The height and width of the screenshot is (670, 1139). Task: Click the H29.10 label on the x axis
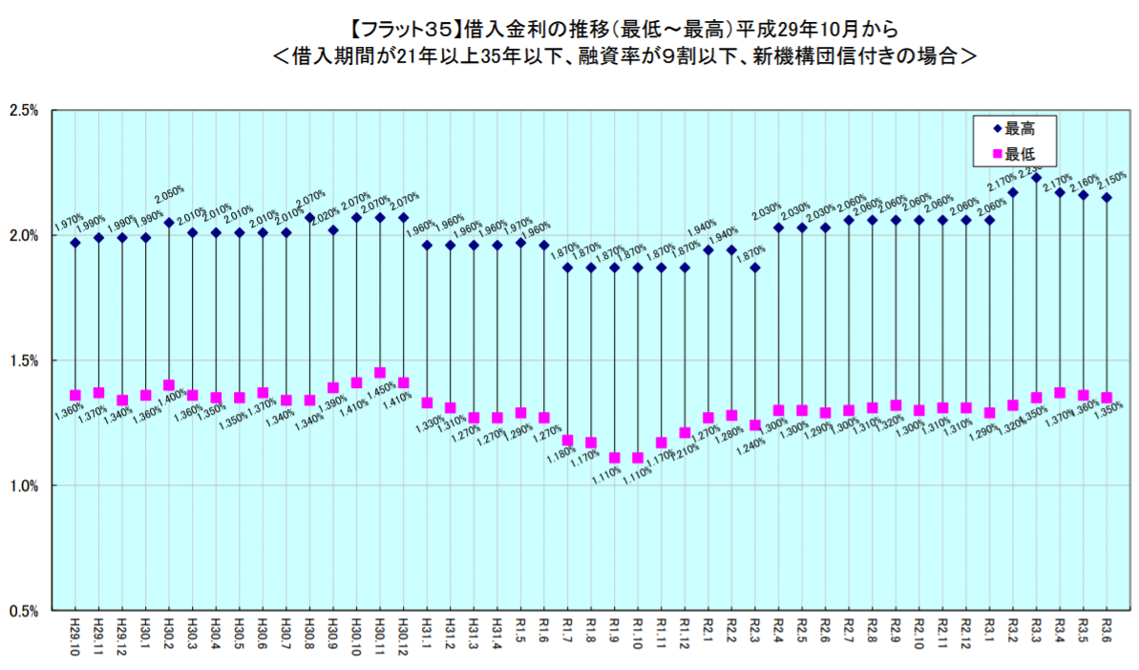point(75,635)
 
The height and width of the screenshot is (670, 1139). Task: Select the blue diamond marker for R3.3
point(1036,178)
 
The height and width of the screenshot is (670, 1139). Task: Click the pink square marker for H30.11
point(380,373)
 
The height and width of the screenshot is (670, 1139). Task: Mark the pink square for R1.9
point(615,458)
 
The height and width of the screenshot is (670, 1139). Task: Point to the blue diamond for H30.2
point(169,223)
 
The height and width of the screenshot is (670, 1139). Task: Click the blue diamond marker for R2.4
point(779,227)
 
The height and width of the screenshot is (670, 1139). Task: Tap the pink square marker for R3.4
point(1060,393)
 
